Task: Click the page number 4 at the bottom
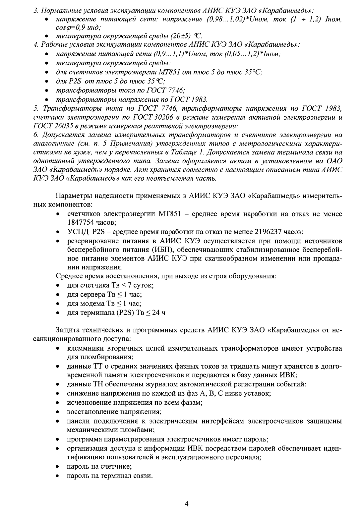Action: pos(186,504)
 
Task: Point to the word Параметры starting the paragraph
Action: pos(73,196)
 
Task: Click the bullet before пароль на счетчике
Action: pos(58,467)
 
